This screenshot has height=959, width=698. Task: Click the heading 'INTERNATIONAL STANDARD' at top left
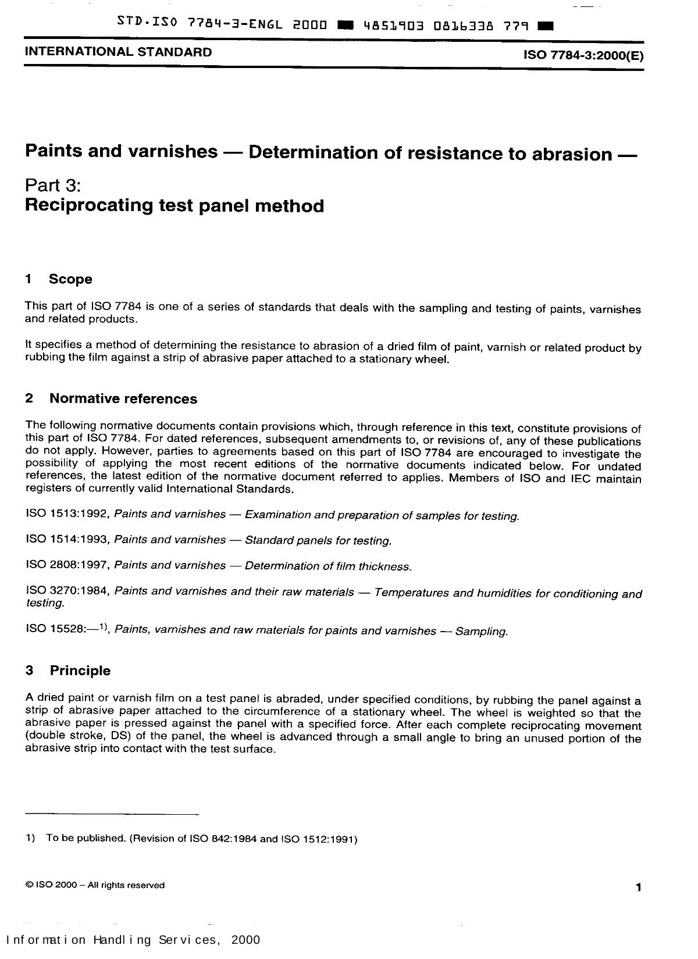point(118,52)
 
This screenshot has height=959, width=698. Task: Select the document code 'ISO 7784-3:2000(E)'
point(583,55)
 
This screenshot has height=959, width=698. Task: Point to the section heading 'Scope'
point(70,279)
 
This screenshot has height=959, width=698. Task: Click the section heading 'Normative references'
point(123,398)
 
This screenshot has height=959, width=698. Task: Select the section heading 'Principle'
point(80,671)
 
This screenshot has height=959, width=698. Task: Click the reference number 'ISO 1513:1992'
point(67,514)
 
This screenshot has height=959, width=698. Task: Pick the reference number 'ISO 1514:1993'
point(67,539)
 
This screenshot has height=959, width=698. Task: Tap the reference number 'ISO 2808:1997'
point(67,565)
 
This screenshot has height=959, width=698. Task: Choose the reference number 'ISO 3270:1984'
point(67,591)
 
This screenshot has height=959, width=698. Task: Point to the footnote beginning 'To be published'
point(201,839)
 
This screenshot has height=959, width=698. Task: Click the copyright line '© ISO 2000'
point(95,885)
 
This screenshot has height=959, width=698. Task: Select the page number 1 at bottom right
point(638,887)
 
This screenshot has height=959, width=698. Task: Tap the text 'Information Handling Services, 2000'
point(133,940)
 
